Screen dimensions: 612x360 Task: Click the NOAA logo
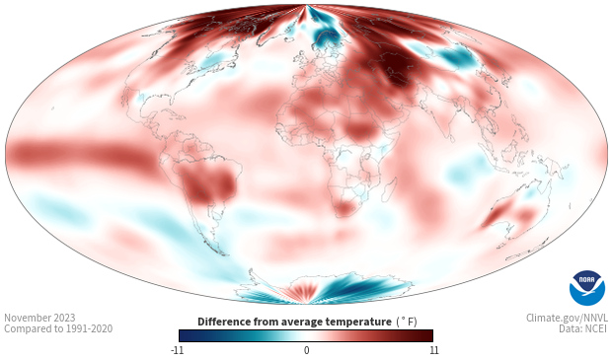click(587, 288)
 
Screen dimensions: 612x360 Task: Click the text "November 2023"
click(39, 318)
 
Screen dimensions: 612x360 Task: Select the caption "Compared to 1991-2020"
click(58, 328)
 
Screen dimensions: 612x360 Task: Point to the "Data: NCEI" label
click(583, 328)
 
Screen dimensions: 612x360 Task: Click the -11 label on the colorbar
click(177, 350)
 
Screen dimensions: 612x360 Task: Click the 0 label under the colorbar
click(306, 350)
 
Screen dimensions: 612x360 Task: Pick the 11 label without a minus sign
click(433, 350)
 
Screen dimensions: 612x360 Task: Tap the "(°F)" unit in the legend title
click(407, 322)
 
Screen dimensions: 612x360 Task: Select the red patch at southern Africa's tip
click(344, 208)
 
